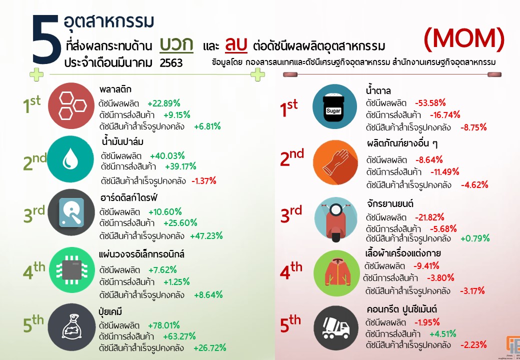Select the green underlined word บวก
coord(176,45)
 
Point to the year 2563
coord(171,63)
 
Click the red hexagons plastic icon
coord(70,106)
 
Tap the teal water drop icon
coord(70,159)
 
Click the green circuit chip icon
coord(70,270)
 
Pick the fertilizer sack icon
coord(70,325)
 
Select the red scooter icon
coord(335,219)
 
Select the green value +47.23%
coord(206,235)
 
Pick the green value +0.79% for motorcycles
coord(474,238)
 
